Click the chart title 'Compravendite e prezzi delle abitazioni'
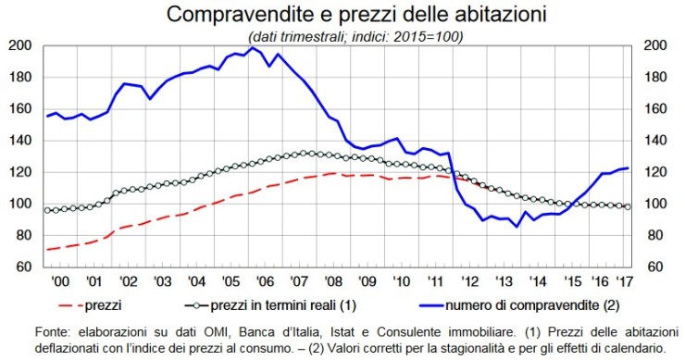point(342,15)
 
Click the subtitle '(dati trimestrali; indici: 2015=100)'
point(342,36)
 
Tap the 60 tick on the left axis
point(27,267)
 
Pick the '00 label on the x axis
point(57,280)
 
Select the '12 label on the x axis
point(469,280)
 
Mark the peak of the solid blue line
point(252,47)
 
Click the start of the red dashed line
point(47,249)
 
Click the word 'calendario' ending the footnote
point(633,347)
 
